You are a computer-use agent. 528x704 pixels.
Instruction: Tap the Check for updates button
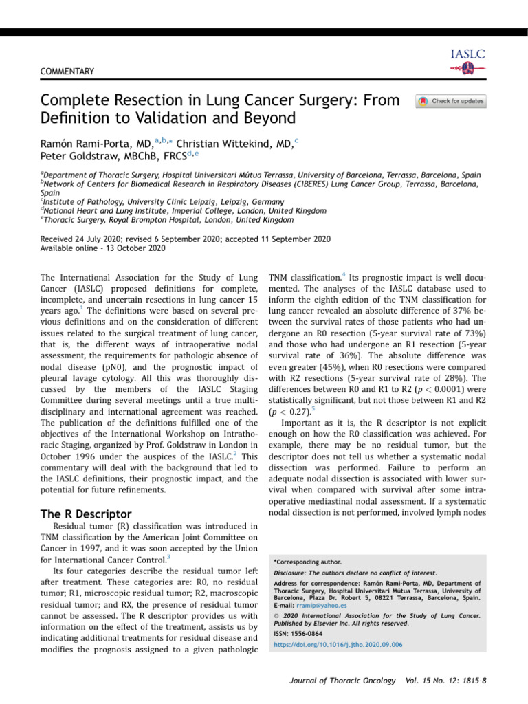point(451,102)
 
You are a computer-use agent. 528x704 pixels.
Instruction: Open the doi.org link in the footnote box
point(329,645)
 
